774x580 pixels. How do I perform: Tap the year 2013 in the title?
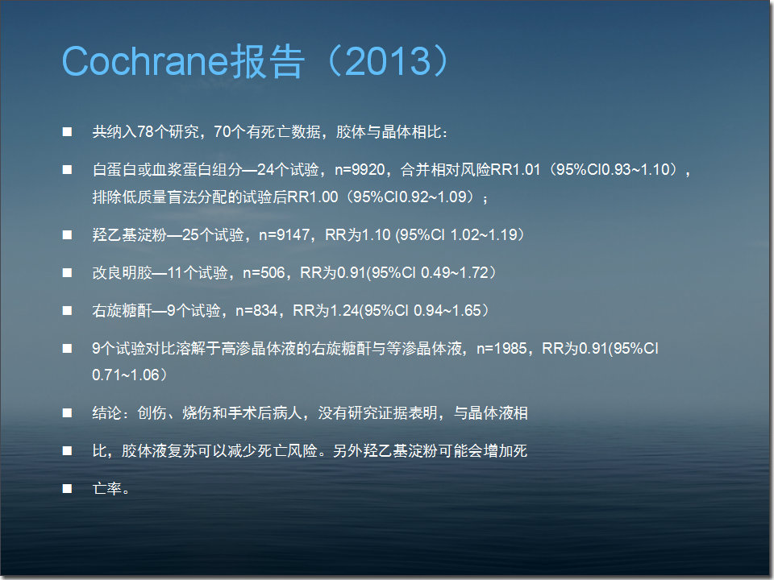[389, 61]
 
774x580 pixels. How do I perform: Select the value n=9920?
[360, 170]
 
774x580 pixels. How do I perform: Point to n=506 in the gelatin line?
[264, 273]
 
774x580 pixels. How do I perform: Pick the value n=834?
[256, 311]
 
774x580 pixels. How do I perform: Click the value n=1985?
[501, 349]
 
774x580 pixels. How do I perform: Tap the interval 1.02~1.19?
[483, 234]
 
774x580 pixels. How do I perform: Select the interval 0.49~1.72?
[455, 273]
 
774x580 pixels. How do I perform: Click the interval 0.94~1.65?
[447, 311]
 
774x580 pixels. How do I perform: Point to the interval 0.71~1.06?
[126, 375]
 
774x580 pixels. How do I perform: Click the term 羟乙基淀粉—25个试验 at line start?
[168, 234]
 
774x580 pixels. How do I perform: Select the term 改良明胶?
[123, 273]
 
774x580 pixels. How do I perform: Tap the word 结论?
[106, 412]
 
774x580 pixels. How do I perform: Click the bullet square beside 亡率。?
[67, 489]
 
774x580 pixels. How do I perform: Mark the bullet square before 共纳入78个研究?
[67, 131]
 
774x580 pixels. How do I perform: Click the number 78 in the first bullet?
[145, 131]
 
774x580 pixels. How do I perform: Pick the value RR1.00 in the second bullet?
[313, 197]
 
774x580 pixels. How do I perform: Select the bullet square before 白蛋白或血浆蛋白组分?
[67, 170]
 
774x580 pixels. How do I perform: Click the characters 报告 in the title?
[267, 61]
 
